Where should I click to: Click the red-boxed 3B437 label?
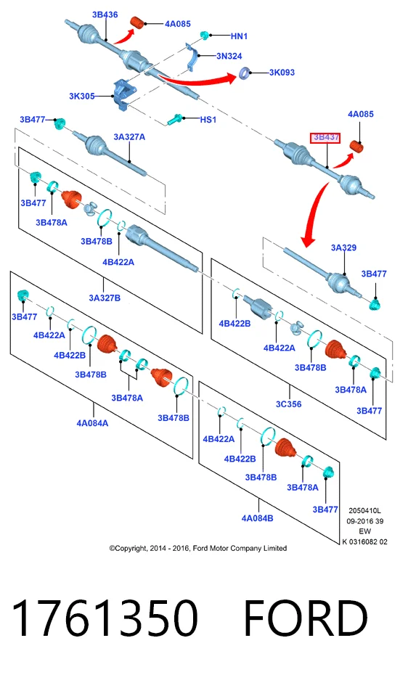click(325, 138)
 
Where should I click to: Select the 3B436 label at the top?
click(105, 15)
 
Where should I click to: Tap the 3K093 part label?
click(282, 73)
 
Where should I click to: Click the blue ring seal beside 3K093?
click(245, 73)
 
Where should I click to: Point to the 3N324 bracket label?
click(229, 56)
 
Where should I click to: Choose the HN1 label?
click(239, 36)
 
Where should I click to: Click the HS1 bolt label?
click(208, 119)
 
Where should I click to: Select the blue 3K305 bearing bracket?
click(124, 94)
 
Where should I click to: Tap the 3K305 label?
click(82, 96)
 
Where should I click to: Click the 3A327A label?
click(129, 137)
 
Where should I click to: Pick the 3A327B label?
click(105, 298)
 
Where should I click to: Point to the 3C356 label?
click(288, 404)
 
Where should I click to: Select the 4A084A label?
click(93, 423)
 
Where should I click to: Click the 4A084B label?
click(257, 518)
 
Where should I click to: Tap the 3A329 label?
click(343, 247)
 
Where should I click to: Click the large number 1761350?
click(105, 618)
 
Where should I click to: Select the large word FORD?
click(306, 618)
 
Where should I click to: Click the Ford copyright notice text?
click(198, 548)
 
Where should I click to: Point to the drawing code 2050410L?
click(364, 510)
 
